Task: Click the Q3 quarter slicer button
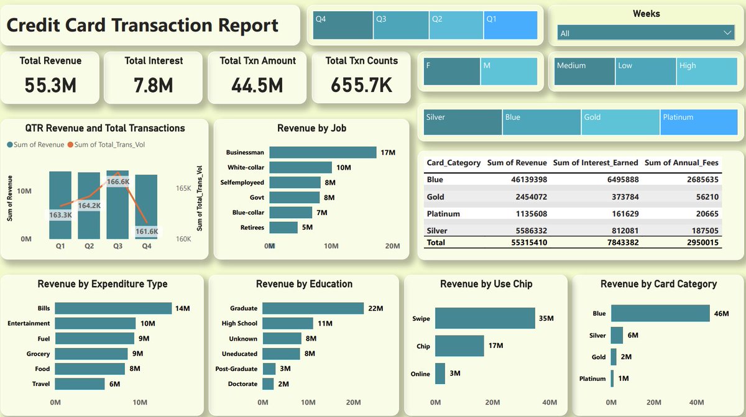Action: coord(401,25)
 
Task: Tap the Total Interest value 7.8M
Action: coord(154,85)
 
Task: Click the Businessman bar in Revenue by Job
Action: coord(323,152)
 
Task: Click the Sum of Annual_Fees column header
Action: coord(681,163)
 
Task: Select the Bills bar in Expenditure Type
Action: coord(113,308)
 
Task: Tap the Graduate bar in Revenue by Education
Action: coord(313,308)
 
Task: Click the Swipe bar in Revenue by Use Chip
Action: coord(484,318)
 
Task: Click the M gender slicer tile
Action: coord(509,71)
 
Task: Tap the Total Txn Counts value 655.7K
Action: coord(361,85)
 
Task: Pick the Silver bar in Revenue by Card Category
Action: coord(617,336)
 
